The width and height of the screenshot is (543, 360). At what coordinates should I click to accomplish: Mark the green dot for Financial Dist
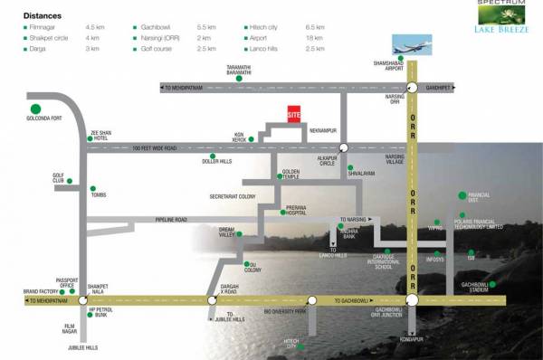click(462, 194)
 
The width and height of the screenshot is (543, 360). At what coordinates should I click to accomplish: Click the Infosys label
click(437, 265)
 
